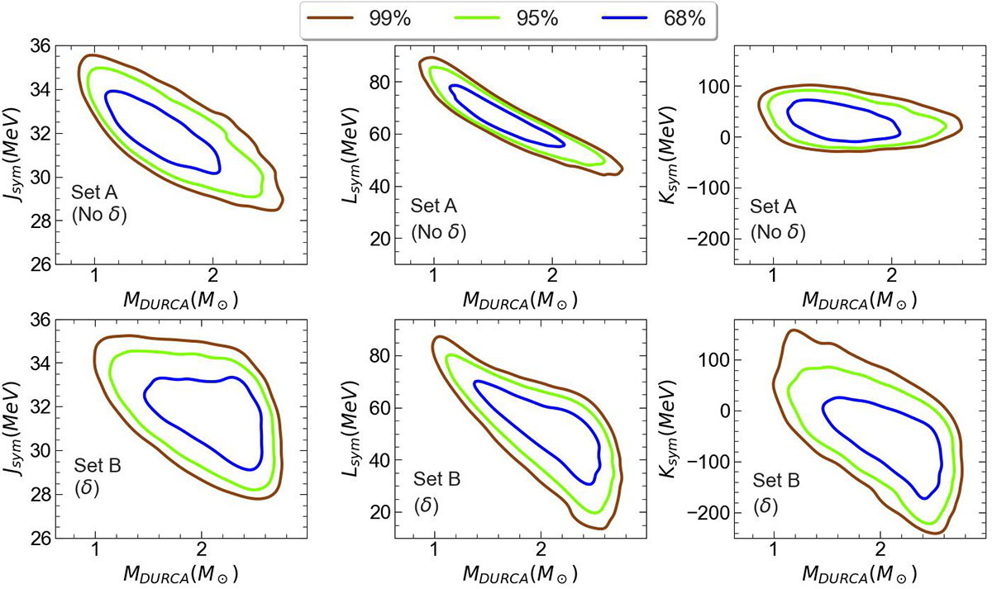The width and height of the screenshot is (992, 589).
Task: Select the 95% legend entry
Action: coord(505,19)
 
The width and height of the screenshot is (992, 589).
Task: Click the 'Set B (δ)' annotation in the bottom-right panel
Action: coord(773,491)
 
